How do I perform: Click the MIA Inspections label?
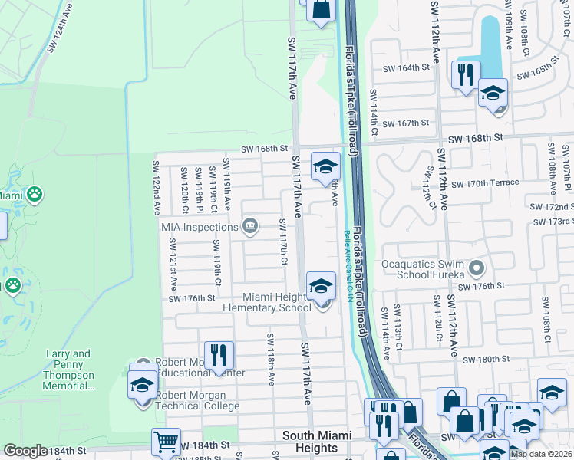point(200,227)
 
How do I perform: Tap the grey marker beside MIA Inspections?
point(250,225)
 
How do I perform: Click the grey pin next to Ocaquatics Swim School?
point(477,269)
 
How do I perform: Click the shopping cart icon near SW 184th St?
point(166,443)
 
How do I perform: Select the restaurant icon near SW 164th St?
point(465,75)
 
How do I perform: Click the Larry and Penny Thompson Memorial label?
point(69,370)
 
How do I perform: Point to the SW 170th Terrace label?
point(485,183)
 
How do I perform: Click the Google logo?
point(25,451)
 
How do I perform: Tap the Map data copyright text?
point(541,454)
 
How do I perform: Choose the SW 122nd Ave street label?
point(156,187)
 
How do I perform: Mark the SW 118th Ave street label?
point(272,358)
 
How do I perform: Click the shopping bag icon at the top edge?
point(321,10)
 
